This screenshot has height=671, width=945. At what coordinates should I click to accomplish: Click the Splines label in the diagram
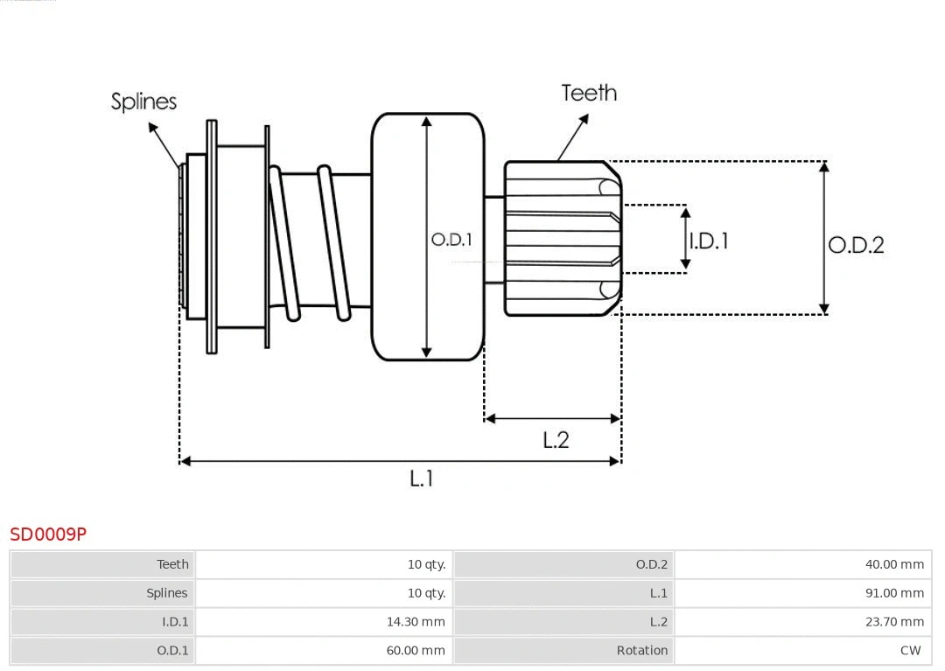(143, 101)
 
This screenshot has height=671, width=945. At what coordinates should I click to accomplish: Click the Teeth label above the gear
(589, 93)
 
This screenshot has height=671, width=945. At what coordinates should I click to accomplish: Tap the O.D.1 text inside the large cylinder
(451, 239)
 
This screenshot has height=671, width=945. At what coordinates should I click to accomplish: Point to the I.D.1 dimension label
(709, 241)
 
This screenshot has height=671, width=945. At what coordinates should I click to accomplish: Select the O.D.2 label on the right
(856, 245)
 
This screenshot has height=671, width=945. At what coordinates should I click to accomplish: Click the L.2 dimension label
(556, 440)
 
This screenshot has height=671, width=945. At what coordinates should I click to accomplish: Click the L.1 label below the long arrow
(422, 478)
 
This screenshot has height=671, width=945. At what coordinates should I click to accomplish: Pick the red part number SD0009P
(48, 534)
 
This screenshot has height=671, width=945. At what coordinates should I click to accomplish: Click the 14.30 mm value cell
(416, 621)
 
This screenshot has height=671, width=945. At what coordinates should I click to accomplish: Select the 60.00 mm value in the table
(416, 650)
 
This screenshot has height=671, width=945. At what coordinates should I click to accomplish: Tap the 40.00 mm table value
(894, 564)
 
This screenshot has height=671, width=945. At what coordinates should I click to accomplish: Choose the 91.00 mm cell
(894, 593)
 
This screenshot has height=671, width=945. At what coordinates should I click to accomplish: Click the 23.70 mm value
(894, 621)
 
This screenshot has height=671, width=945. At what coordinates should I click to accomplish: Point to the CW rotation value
(910, 650)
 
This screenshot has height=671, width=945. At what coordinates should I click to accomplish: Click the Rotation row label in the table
(641, 650)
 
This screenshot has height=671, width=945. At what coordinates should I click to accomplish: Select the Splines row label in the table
(166, 593)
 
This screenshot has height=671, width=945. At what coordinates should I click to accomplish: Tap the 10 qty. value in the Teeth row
(426, 564)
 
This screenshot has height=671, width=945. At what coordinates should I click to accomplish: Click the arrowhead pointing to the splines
(151, 126)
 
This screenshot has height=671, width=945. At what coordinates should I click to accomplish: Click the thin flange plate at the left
(212, 236)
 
